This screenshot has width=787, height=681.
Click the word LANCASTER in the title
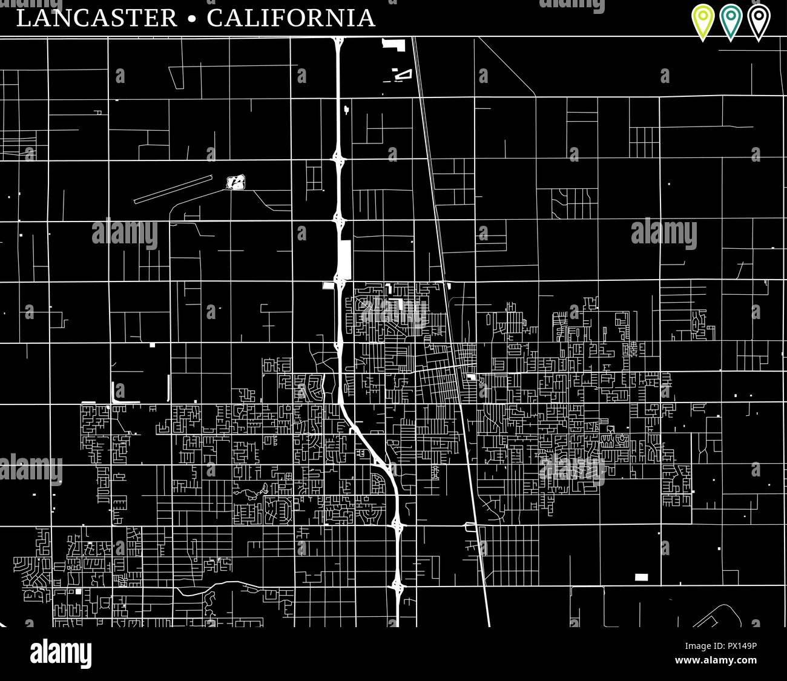tap(97, 18)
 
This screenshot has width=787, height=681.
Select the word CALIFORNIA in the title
tap(291, 18)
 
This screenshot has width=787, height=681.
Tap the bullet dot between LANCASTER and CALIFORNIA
tap(193, 19)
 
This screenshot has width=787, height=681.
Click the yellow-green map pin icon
tap(703, 21)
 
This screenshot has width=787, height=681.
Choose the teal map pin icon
tap(731, 21)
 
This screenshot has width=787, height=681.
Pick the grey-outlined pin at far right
tap(759, 21)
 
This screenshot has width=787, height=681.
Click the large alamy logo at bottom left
tap(61, 654)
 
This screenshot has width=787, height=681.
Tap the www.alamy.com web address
tap(716, 660)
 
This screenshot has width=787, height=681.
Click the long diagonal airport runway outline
tap(173, 189)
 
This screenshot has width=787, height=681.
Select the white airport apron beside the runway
tap(235, 181)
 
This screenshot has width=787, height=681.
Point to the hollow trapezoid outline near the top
tap(403, 74)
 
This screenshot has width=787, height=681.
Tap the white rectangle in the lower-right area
tap(641, 577)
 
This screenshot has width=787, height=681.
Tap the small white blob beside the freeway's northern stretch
tap(346, 110)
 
